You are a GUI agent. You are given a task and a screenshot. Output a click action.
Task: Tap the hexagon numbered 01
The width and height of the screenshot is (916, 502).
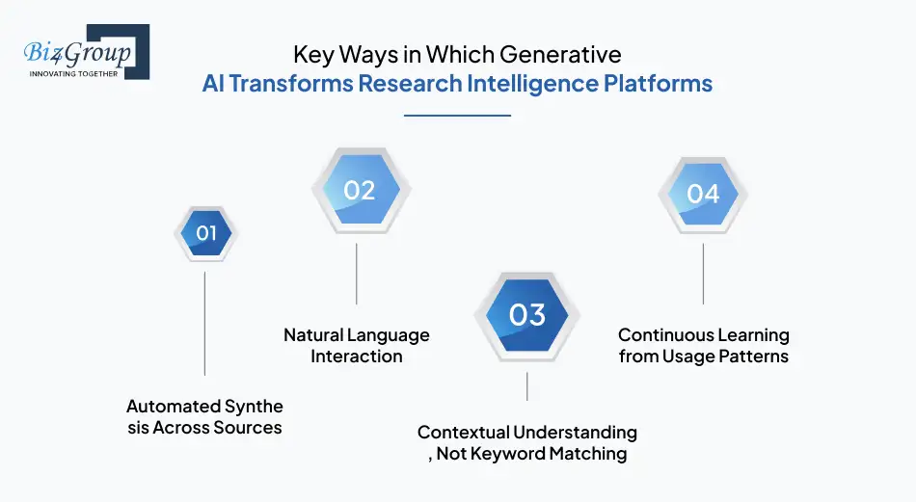pyautogui.click(x=205, y=233)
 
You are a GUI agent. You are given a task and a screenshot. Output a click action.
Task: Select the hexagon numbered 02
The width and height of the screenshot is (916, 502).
pyautogui.click(x=359, y=191)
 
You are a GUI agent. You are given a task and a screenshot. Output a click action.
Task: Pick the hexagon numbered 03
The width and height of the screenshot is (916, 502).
pyautogui.click(x=526, y=315)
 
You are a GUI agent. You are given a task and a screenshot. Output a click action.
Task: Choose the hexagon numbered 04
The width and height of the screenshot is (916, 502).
pyautogui.click(x=703, y=194)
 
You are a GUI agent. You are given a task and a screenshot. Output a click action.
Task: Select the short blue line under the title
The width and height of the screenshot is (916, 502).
pyautogui.click(x=457, y=116)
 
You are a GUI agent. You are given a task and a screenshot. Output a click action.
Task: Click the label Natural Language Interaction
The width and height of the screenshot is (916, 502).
pyautogui.click(x=357, y=346)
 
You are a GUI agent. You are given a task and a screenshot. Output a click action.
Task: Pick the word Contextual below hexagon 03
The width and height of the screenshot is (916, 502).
pyautogui.click(x=462, y=433)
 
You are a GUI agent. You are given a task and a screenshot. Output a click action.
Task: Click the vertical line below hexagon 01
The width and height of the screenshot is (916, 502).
pyautogui.click(x=205, y=323)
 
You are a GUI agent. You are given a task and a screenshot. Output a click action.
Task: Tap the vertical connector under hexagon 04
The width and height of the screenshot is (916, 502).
pyautogui.click(x=703, y=274)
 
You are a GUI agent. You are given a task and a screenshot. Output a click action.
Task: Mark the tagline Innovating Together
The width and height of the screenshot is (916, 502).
pyautogui.click(x=73, y=73)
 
